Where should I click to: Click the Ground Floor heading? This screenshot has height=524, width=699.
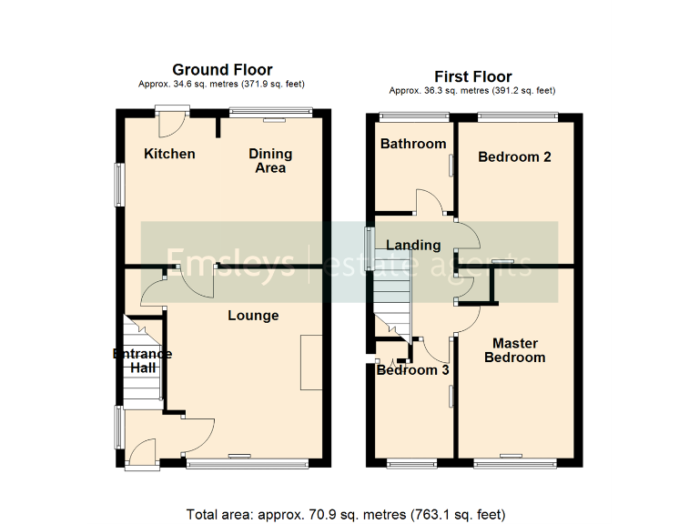tap(223, 70)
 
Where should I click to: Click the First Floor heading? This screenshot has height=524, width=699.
tap(472, 76)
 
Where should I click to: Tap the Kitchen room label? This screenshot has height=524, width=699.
tap(169, 154)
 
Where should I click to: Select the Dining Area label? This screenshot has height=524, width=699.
tap(270, 160)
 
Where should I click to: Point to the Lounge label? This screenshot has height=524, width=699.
tap(253, 316)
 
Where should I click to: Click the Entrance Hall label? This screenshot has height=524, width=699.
tap(142, 360)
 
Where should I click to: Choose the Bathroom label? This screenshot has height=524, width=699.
tap(413, 144)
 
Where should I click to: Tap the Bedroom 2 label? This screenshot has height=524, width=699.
tap(514, 156)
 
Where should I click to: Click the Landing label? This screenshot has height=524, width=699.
tap(413, 245)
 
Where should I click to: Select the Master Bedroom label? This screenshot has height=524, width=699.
tap(515, 350)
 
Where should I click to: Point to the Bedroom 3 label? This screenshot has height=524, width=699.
tap(413, 370)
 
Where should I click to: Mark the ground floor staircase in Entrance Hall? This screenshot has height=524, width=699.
tap(142, 359)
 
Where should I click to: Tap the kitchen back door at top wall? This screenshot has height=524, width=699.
tap(171, 112)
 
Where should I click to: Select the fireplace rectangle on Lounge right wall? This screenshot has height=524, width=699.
tap(312, 363)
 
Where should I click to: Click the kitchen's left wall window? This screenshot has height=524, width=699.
tap(118, 185)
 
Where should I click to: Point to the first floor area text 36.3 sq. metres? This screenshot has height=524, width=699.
tap(471, 91)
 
